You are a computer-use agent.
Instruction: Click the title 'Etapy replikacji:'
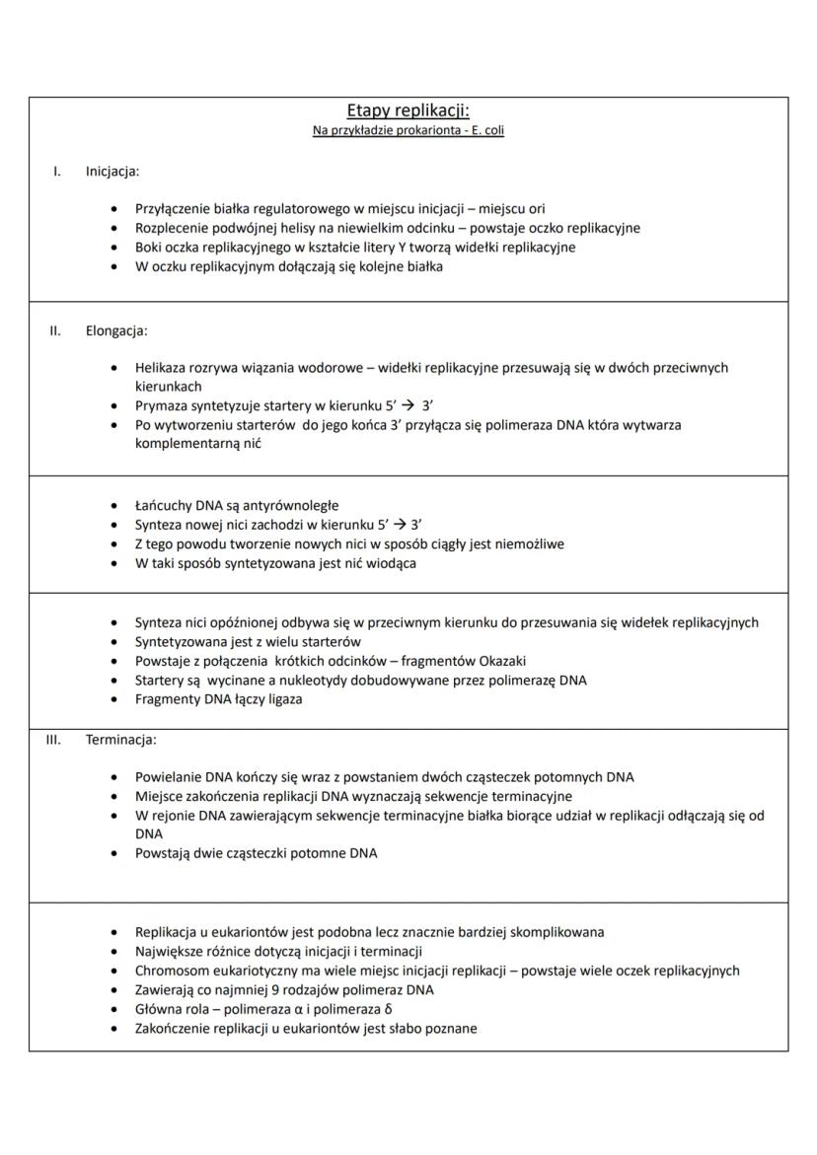pyautogui.click(x=408, y=110)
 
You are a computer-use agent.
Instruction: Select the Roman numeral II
pyautogui.click(x=55, y=330)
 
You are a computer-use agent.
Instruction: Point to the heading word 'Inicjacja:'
pyautogui.click(x=112, y=171)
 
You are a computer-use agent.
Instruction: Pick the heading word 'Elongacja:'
pyautogui.click(x=116, y=330)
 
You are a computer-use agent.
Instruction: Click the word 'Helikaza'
pyautogui.click(x=162, y=368)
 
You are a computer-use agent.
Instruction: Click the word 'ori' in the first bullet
pyautogui.click(x=535, y=209)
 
